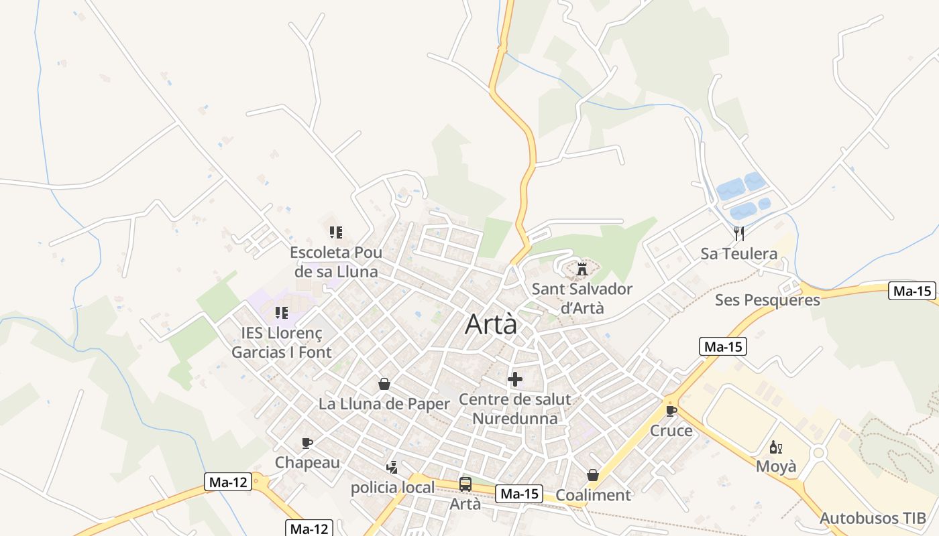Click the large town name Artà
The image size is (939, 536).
pyautogui.click(x=492, y=324)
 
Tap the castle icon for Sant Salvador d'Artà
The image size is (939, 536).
pyautogui.click(x=582, y=269)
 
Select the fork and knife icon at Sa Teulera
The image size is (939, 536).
pyautogui.click(x=739, y=233)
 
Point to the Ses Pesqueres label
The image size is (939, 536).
pyautogui.click(x=767, y=299)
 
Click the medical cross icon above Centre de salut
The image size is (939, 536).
pyautogui.click(x=515, y=380)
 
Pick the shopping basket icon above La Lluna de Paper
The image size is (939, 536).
pyautogui.click(x=384, y=384)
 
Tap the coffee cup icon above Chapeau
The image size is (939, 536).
pyautogui.click(x=307, y=443)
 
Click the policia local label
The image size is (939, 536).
pyautogui.click(x=392, y=487)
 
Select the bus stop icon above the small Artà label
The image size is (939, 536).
pyautogui.click(x=465, y=484)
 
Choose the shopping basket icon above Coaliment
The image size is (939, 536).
pyautogui.click(x=593, y=475)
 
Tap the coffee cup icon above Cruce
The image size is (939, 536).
pyautogui.click(x=671, y=411)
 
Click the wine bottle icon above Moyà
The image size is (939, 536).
pyautogui.click(x=776, y=447)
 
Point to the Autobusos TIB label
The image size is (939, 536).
pyautogui.click(x=873, y=518)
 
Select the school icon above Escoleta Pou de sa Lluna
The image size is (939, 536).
pyautogui.click(x=336, y=232)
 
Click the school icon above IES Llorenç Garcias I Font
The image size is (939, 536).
pyautogui.click(x=282, y=313)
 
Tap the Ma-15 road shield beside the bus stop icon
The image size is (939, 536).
pyautogui.click(x=519, y=494)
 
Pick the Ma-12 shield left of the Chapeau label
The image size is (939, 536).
pyautogui.click(x=228, y=482)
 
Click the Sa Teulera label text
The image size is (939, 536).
pyautogui.click(x=739, y=254)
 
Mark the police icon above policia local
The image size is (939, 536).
pyautogui.click(x=392, y=467)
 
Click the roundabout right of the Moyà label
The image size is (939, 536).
pyautogui.click(x=818, y=453)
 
